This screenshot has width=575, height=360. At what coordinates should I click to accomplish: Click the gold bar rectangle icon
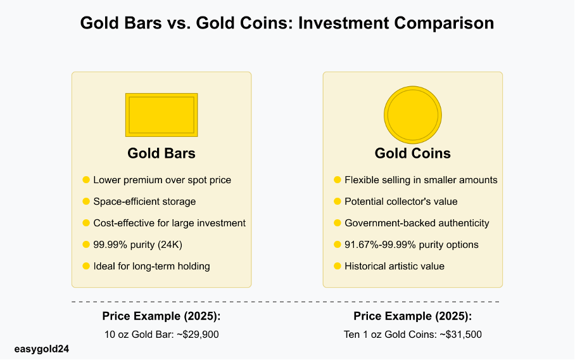(161, 115)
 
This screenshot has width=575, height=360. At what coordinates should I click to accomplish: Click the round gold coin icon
(412, 115)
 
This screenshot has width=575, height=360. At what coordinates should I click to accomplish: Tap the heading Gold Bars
(161, 153)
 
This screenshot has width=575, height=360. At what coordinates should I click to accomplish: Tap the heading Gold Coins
(412, 153)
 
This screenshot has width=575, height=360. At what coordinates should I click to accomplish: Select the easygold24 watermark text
(41, 349)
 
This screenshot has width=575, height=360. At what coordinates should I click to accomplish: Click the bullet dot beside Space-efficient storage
(86, 201)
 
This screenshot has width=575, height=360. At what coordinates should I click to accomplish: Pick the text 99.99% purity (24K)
(137, 245)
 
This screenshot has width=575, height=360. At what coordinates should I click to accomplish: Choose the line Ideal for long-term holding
(151, 266)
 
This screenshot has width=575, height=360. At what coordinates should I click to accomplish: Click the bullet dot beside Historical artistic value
(338, 266)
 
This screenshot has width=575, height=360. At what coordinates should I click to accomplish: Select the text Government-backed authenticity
(417, 223)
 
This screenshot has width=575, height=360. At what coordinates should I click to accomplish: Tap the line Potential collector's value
(401, 202)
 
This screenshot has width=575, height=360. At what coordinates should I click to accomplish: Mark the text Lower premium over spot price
(162, 180)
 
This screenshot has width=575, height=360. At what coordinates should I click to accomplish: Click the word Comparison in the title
(444, 23)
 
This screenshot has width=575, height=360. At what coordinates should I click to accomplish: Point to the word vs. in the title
(179, 23)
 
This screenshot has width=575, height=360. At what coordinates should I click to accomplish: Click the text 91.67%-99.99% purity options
(412, 245)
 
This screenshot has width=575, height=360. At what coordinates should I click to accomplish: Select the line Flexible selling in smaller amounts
(421, 180)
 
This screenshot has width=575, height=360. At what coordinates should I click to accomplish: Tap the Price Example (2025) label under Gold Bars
(161, 316)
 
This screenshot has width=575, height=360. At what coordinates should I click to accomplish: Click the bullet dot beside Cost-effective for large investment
(86, 222)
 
